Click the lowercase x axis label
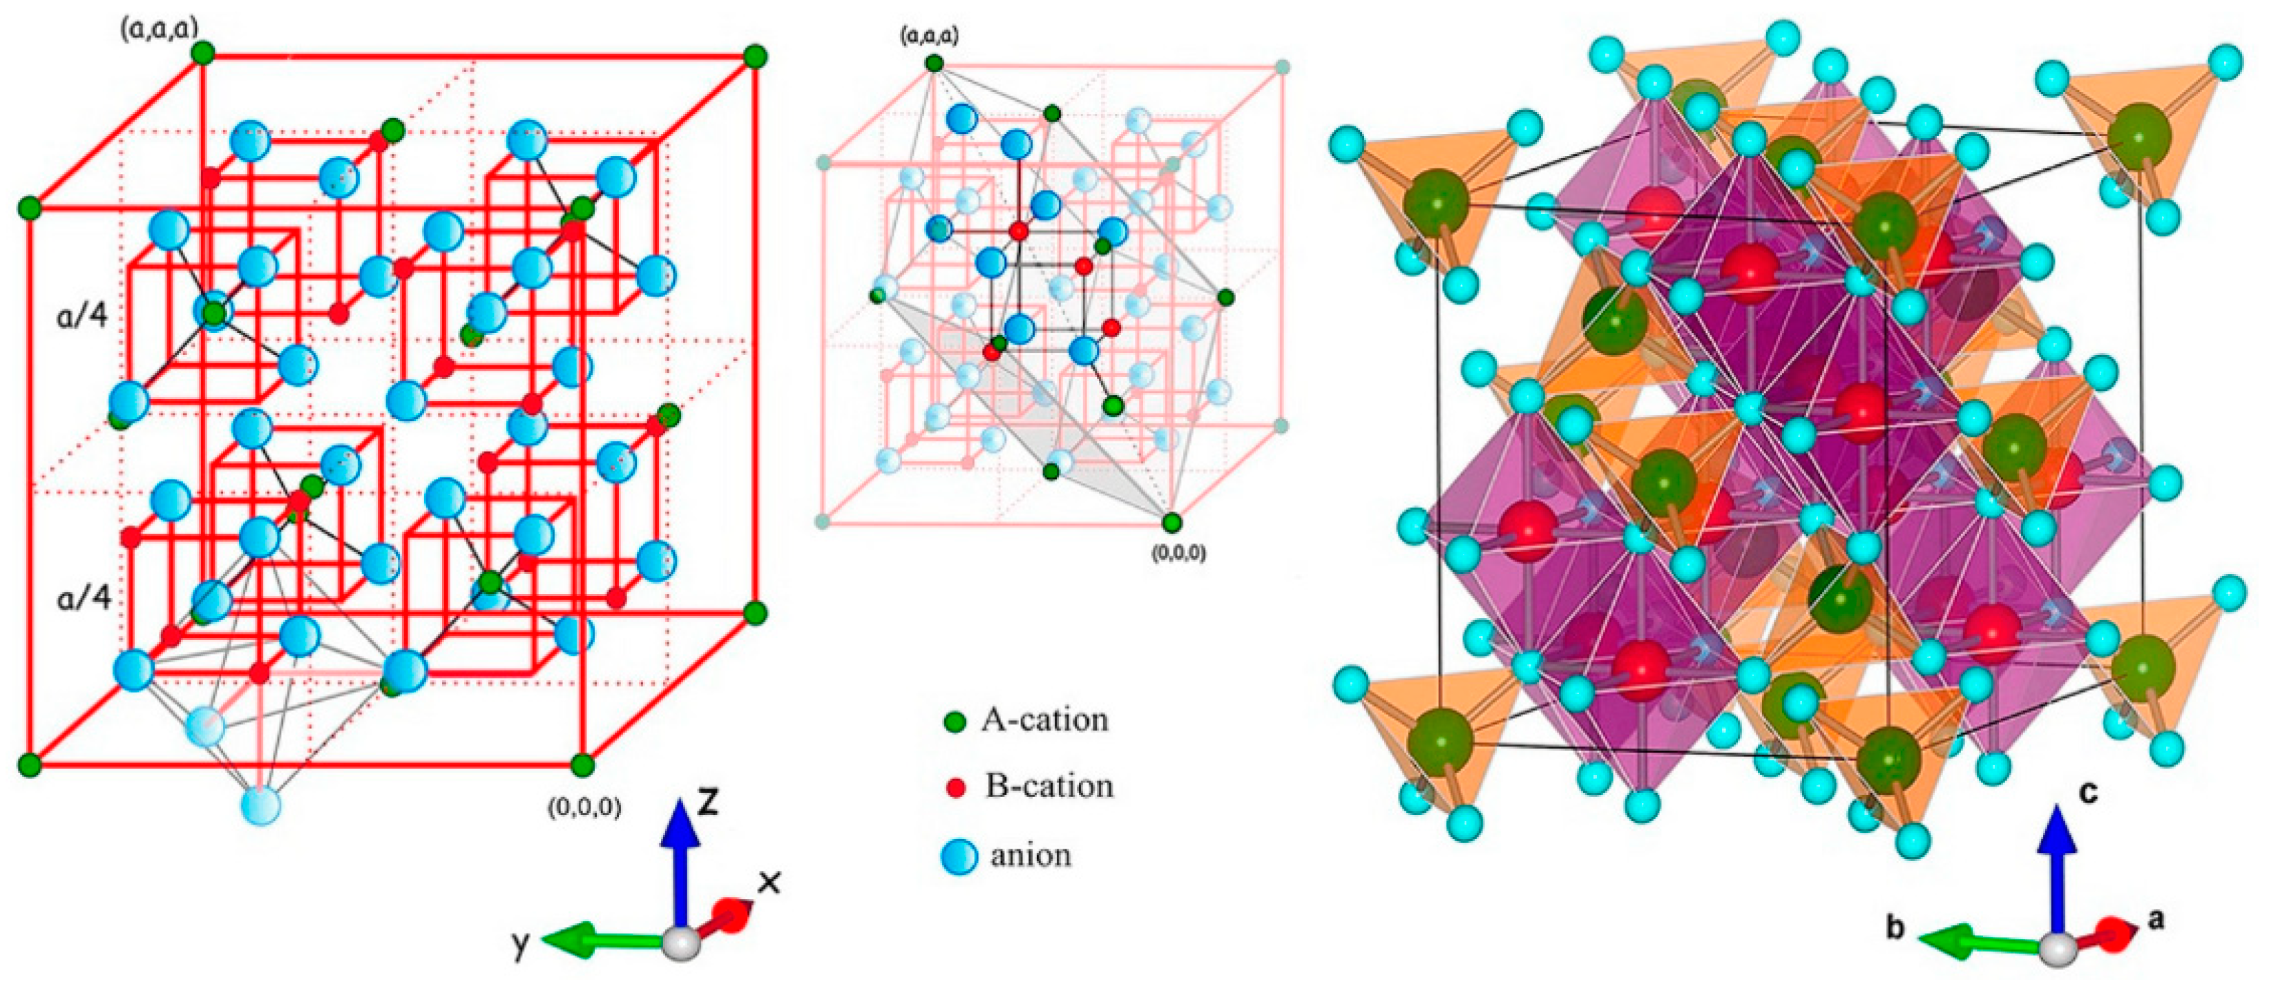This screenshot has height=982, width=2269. [769, 882]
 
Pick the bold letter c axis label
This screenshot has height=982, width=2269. [2089, 793]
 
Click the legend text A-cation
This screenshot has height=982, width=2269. [1044, 720]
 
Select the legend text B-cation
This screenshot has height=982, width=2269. [1049, 786]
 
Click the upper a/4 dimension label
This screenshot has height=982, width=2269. [82, 314]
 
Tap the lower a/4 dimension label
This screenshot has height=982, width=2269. [84, 598]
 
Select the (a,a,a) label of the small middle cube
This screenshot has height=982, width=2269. [929, 36]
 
